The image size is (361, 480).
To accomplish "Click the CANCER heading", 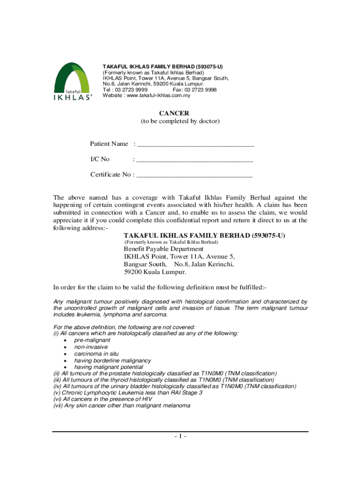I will [180, 113].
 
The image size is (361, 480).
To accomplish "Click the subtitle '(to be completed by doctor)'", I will [180, 121].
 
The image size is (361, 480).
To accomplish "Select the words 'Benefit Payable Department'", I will [164, 249].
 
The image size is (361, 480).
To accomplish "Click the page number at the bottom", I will [180, 437].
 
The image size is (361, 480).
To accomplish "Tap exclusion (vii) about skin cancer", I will [122, 406].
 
